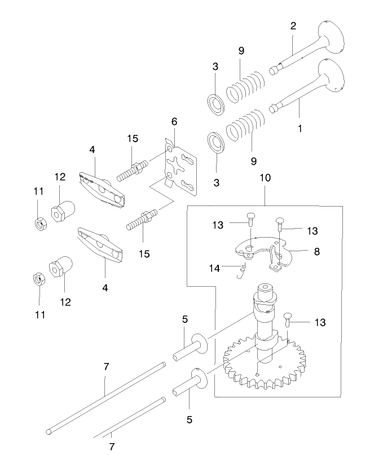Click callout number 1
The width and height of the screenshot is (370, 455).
299,129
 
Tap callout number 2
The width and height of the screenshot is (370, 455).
293,26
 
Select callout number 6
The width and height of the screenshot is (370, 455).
174,121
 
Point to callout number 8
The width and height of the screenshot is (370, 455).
317,252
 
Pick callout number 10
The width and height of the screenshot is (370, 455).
265,177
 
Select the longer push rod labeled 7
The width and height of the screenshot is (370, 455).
107,399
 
